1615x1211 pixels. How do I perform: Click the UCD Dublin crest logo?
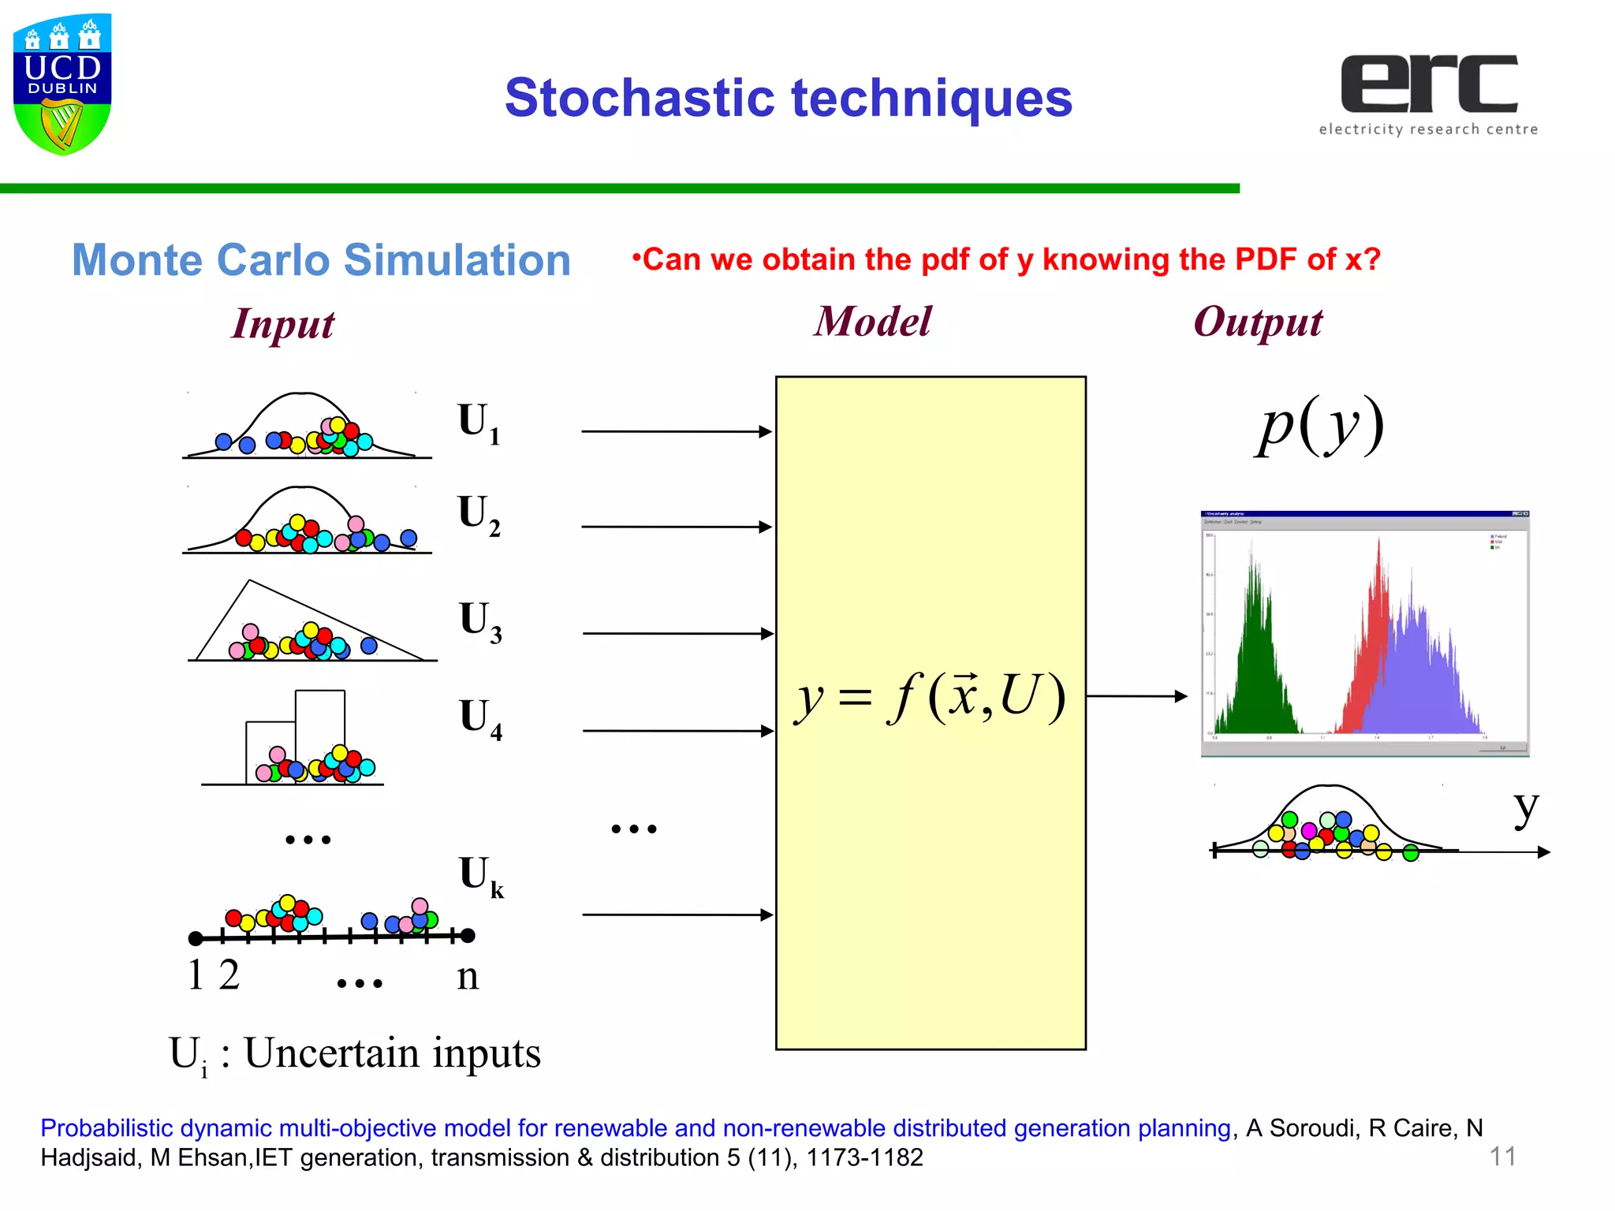tap(62, 83)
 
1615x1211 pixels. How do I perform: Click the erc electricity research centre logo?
tap(1428, 94)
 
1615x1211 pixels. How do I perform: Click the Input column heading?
tap(283, 324)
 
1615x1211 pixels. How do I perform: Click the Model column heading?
tap(872, 322)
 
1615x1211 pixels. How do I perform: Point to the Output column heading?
tap(1257, 322)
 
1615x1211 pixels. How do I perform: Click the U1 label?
tap(478, 423)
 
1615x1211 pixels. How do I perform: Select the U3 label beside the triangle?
tap(479, 621)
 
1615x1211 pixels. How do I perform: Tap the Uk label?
tap(480, 876)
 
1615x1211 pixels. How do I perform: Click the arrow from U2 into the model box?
tap(675, 527)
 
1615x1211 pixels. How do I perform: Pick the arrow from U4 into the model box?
tap(677, 731)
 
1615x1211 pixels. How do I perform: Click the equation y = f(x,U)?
tap(931, 697)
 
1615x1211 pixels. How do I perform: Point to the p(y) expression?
tap(1320, 426)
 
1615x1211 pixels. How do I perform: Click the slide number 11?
tap(1501, 1157)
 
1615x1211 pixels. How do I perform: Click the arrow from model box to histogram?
tap(1136, 696)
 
